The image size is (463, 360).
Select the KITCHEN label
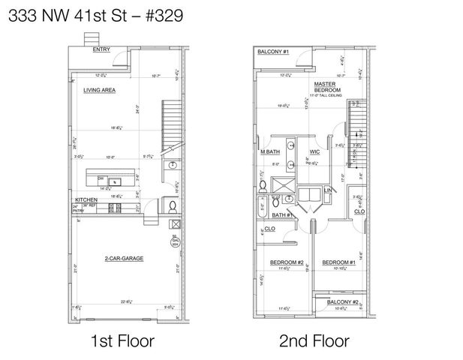tap(84, 199)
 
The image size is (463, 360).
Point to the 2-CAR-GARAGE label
tap(124, 258)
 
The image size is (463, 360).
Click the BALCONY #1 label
tap(273, 52)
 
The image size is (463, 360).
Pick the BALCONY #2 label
tap(347, 301)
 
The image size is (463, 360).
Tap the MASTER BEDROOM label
tap(324, 87)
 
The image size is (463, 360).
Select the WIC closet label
tap(315, 152)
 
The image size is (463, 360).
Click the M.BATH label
tap(270, 152)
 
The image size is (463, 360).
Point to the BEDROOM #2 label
tap(286, 262)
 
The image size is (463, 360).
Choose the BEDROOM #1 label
tap(338, 262)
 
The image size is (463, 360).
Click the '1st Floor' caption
tap(122, 341)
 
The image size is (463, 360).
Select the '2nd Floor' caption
tap(314, 341)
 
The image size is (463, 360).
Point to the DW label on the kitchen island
tap(100, 177)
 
